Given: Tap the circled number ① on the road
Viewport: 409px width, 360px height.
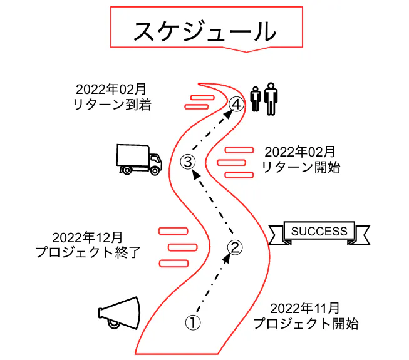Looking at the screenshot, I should [x=193, y=322].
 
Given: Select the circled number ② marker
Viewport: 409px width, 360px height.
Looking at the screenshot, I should [x=233, y=248].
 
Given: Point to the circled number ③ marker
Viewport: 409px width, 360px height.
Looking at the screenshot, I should [x=188, y=161].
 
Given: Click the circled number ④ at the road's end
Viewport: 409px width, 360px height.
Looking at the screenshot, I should [x=235, y=104].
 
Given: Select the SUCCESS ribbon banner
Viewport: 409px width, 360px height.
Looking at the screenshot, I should [x=319, y=232].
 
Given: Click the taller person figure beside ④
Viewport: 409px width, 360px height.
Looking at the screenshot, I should [x=270, y=98].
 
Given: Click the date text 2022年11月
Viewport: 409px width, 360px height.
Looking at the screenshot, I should [x=305, y=308].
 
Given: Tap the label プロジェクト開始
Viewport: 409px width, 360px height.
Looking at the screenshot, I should [x=305, y=324].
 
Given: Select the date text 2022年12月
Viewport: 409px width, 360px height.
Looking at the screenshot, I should [x=87, y=237].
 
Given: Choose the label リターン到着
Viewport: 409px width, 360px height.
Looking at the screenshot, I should [x=112, y=104].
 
